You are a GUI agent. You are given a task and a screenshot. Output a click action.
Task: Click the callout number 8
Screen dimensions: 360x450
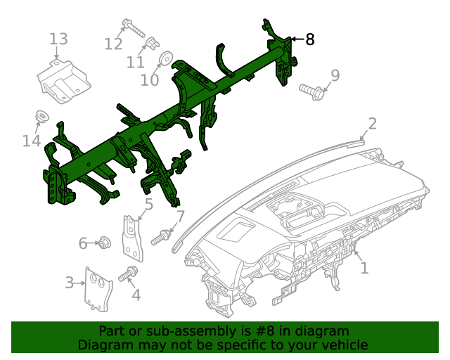(309, 40)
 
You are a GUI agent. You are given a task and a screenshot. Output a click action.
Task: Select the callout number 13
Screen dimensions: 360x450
(58, 39)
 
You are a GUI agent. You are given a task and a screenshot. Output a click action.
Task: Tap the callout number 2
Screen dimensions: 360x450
(372, 124)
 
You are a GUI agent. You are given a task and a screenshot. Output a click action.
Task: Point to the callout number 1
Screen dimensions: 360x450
(364, 268)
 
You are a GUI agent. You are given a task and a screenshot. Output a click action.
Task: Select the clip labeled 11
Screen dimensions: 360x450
(149, 49)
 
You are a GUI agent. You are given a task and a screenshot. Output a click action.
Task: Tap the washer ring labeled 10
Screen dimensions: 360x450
(167, 58)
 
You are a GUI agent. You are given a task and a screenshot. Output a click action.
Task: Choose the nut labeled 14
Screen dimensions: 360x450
(41, 116)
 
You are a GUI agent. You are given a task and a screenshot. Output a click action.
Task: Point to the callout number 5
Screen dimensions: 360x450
(148, 205)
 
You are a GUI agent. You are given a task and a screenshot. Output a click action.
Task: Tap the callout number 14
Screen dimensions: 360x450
(31, 141)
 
